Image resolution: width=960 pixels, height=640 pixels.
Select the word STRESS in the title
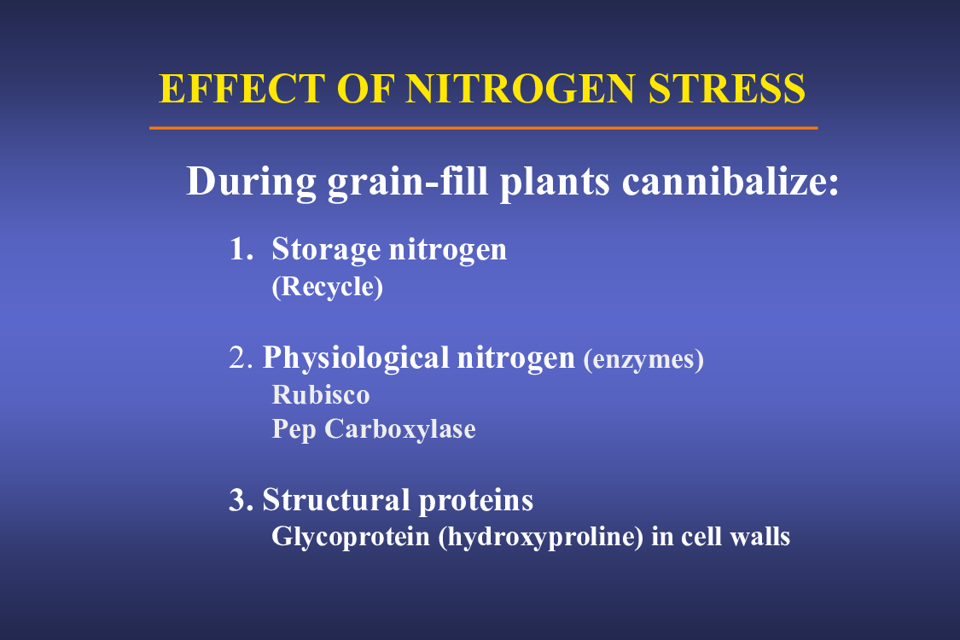click(727, 89)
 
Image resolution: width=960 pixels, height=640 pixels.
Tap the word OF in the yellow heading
click(364, 89)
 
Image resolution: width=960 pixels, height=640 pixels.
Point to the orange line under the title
click(484, 128)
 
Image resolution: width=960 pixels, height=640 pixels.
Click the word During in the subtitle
click(251, 182)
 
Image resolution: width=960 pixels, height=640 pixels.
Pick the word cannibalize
click(730, 181)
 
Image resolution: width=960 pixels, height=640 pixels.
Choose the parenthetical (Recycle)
click(328, 287)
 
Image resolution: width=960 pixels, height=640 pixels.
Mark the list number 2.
click(241, 358)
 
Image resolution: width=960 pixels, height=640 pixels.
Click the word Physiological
click(357, 359)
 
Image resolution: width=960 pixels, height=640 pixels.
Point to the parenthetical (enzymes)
click(643, 359)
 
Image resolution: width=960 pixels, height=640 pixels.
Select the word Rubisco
click(321, 395)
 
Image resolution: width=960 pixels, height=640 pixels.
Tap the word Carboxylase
click(400, 429)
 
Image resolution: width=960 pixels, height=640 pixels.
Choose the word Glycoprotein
click(351, 537)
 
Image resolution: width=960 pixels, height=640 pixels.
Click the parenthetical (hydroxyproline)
click(541, 538)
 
